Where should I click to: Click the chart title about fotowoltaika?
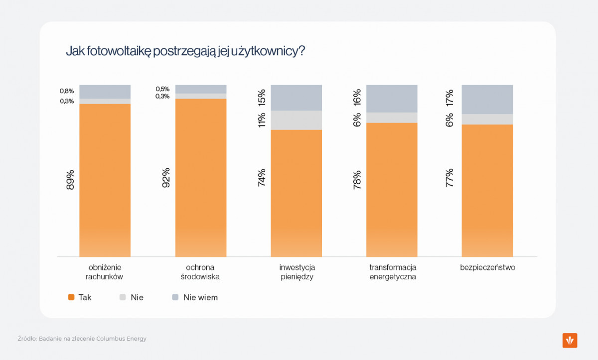[185, 51]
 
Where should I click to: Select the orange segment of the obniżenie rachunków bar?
[105, 179]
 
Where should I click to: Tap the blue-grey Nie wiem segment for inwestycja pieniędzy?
[296, 98]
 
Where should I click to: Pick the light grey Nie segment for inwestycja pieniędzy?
[296, 120]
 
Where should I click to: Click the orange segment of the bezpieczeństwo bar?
[487, 189]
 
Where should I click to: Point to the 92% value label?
[166, 178]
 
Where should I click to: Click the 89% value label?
[70, 180]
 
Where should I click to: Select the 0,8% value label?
[67, 91]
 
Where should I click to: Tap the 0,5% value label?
[162, 89]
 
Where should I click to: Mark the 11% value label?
[262, 120]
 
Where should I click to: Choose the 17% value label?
[449, 98]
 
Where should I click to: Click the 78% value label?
[357, 180]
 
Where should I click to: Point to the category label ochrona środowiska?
[200, 272]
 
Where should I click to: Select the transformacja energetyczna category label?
[393, 272]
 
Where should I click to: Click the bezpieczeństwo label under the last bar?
[487, 267]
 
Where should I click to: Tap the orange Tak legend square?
[71, 297]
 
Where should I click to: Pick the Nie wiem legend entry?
[195, 297]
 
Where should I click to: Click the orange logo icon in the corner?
[570, 341]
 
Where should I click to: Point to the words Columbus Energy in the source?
[122, 339]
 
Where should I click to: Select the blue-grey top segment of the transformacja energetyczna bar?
[392, 99]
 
